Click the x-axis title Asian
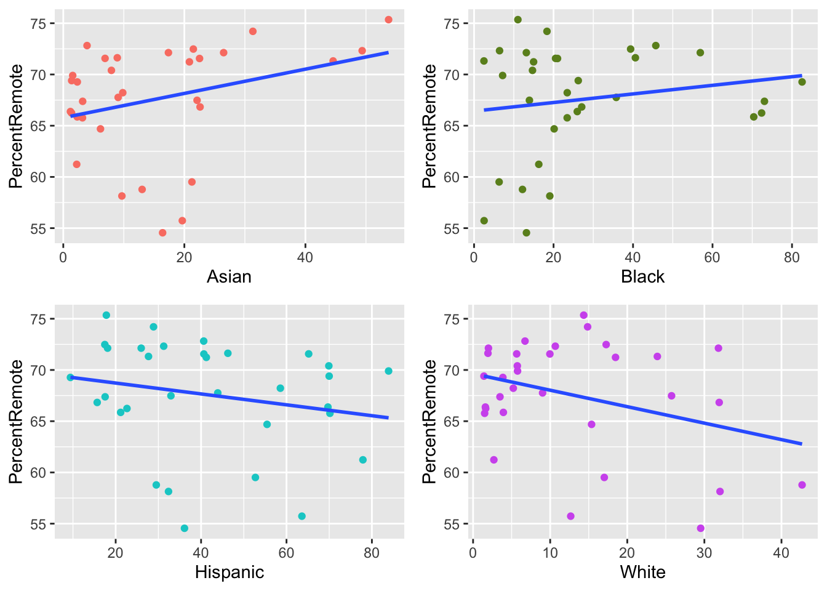pyautogui.click(x=229, y=276)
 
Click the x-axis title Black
pyautogui.click(x=642, y=276)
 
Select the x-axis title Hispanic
pyautogui.click(x=229, y=572)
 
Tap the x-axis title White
pyautogui.click(x=642, y=572)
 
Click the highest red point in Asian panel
pyautogui.click(x=388, y=20)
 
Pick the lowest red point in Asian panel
pyautogui.click(x=162, y=233)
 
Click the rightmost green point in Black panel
pyautogui.click(x=802, y=82)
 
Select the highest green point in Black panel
pyautogui.click(x=517, y=20)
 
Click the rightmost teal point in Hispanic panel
pyautogui.click(x=388, y=371)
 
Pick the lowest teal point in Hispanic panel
pyautogui.click(x=185, y=528)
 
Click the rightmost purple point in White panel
pyautogui.click(x=802, y=484)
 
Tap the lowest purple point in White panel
pyautogui.click(x=700, y=528)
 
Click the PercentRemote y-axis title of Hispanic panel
pyautogui.click(x=16, y=421)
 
